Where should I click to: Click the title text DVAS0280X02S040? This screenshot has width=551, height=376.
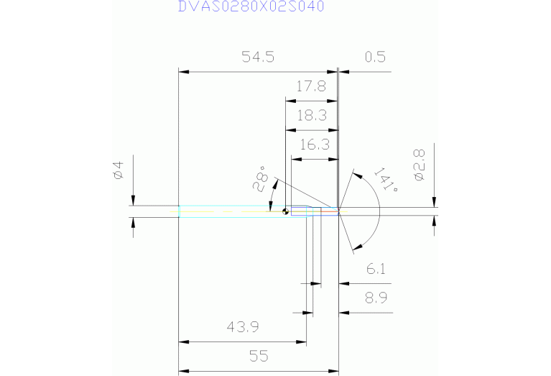click(251, 7)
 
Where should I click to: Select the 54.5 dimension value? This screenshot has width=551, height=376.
click(258, 58)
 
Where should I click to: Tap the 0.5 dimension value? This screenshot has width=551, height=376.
click(375, 58)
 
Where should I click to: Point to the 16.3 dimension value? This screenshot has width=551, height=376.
click(314, 145)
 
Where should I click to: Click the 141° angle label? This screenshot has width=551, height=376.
click(386, 180)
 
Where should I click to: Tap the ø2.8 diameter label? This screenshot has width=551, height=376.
click(420, 164)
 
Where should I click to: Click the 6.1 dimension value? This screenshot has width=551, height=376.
click(376, 269)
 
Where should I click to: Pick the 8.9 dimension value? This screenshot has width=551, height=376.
click(376, 298)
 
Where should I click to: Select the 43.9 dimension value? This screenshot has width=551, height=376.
click(242, 327)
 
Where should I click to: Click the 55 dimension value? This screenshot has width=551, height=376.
click(257, 356)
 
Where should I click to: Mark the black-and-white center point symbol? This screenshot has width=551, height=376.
click(286, 211)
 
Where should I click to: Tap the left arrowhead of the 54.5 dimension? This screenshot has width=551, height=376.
click(182, 72)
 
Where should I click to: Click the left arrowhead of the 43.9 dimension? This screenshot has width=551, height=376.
click(182, 342)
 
